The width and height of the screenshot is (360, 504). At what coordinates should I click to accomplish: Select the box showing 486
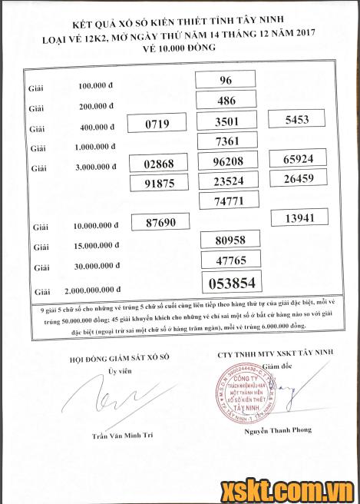pyautogui.click(x=226, y=101)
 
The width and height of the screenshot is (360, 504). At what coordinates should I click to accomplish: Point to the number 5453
pyautogui.click(x=296, y=120)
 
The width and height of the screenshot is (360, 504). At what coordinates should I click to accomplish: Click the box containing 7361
pyautogui.click(x=226, y=141)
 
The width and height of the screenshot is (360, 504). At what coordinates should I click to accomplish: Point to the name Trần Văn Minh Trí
pyautogui.click(x=122, y=435)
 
